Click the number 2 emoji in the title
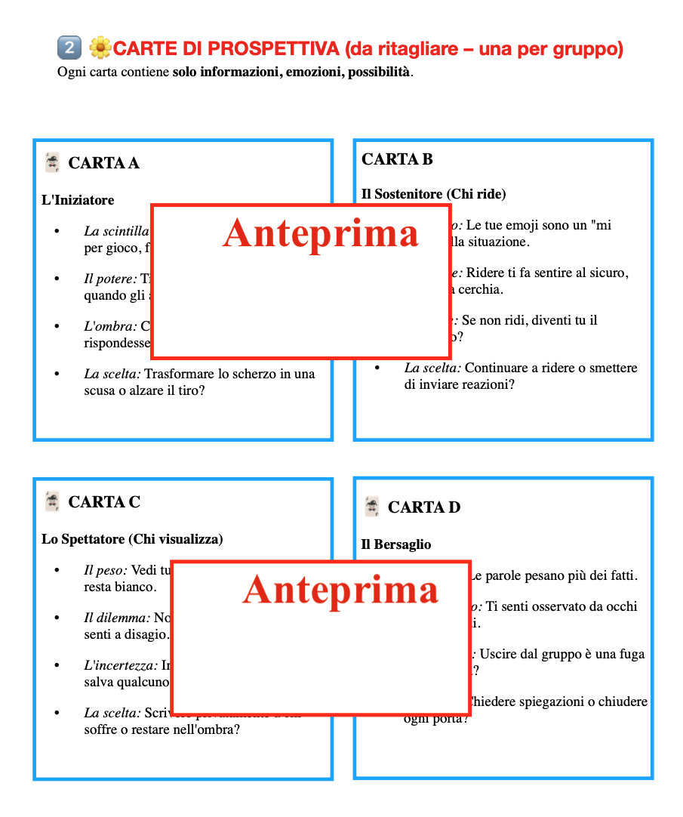pos(69,48)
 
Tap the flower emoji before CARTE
pos(100,48)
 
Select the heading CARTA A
pos(103,163)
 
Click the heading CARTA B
pos(397,159)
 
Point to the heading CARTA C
pos(104,502)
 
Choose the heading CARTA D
pos(423,507)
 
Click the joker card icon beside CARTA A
pos(52,162)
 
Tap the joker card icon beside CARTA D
pos(371,507)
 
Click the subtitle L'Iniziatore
pos(78,200)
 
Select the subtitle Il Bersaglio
pos(396,544)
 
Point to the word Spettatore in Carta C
pos(91,539)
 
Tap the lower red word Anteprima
pos(340,589)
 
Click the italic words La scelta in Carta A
pos(112,374)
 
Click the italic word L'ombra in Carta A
pos(110,326)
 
